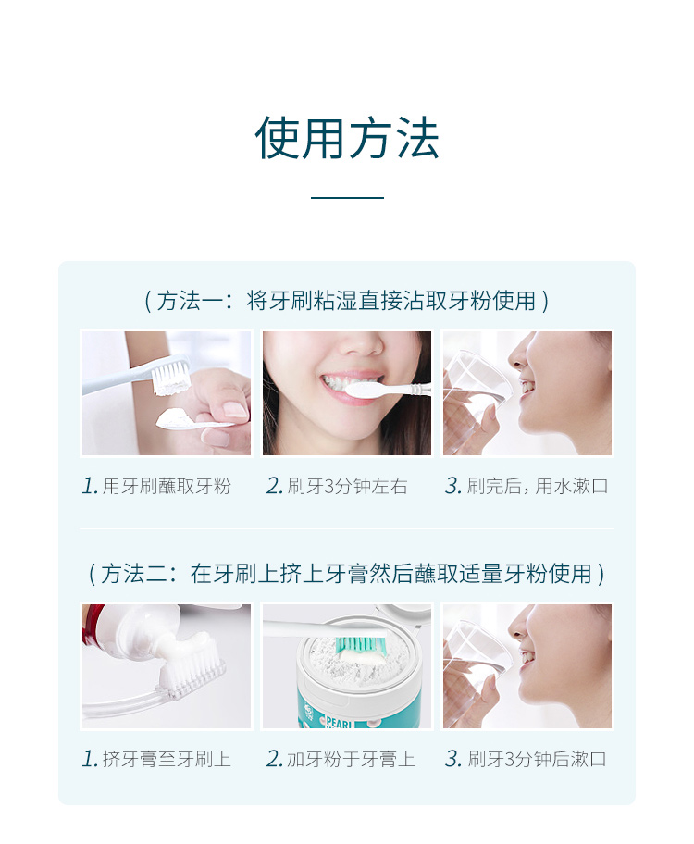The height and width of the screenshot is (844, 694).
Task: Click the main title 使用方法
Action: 347,138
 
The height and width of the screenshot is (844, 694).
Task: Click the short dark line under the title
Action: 347,197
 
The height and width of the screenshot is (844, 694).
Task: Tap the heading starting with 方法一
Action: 347,301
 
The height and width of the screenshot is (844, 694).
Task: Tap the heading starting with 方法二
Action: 347,573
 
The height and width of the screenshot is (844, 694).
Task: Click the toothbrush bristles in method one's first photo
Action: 171,377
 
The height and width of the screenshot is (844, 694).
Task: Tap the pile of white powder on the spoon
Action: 175,417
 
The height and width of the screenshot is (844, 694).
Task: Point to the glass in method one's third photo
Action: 477,379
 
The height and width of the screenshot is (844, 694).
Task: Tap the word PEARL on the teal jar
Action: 339,722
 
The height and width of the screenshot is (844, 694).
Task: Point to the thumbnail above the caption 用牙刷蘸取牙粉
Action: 167,393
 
